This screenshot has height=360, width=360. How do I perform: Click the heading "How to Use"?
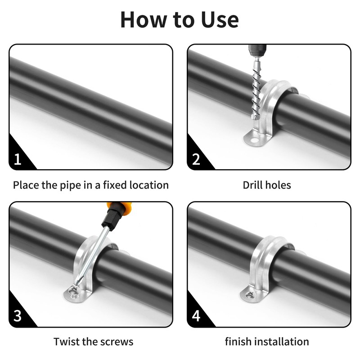coord(180,19)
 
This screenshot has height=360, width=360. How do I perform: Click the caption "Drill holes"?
coord(267,185)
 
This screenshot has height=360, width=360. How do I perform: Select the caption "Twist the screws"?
coord(93,342)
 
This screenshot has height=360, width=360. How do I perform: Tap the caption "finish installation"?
coord(267,342)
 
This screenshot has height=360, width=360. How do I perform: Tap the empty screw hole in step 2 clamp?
coord(253,139)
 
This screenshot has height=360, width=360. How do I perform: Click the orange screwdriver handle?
coord(119,207)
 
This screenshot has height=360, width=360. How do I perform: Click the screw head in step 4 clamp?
coord(250,294)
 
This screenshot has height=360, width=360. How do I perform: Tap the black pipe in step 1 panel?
coord(91,110)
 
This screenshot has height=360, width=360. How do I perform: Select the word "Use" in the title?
coord(220,20)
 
